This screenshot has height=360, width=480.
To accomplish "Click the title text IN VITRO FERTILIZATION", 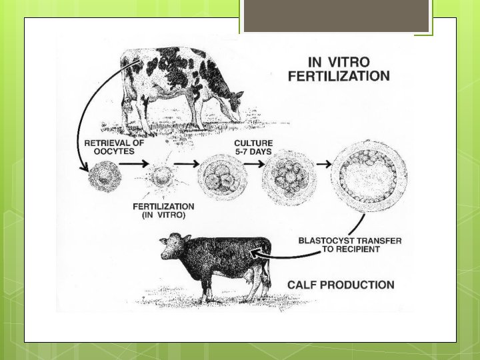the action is point(339,69).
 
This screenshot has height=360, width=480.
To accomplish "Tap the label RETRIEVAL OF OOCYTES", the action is point(114,147).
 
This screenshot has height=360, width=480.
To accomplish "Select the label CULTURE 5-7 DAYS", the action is point(253,147).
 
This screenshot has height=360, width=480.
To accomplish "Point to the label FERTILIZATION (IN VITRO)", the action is point(163,211).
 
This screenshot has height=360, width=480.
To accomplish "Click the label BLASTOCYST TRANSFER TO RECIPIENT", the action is point(350,245).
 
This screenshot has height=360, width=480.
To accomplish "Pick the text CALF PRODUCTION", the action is point(341,285).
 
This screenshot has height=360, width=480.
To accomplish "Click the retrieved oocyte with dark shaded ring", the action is point(105,177).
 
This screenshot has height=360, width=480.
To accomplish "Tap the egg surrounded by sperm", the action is point(161,177).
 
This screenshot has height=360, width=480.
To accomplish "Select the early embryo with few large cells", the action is point(223,177).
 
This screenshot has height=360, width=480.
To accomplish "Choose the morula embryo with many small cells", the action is point(289,177).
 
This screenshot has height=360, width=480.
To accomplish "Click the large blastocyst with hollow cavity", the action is point(369,176).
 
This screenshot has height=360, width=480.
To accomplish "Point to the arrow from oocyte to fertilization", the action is point(134,164).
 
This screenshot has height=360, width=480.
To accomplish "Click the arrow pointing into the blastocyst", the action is point(324,164).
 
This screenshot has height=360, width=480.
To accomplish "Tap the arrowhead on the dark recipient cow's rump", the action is point(256,253).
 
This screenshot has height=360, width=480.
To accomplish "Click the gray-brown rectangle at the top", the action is point(336,16).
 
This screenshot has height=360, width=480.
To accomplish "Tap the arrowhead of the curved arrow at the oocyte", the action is point(83,168).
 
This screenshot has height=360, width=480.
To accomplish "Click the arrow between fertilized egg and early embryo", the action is point(187,164).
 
